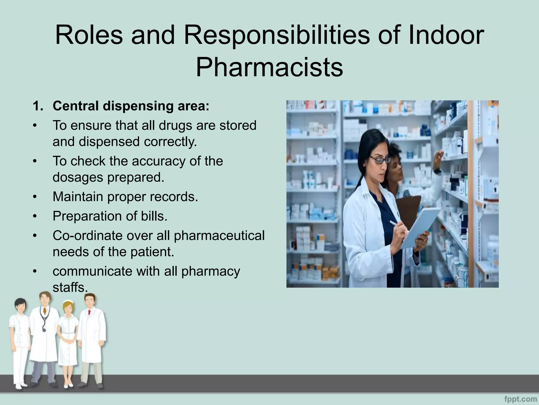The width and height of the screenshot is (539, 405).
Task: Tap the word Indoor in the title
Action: (x=445, y=35)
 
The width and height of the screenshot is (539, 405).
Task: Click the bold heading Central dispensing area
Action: (x=131, y=106)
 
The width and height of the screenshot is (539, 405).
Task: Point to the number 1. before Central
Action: (x=38, y=106)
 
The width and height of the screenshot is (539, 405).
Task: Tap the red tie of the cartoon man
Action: (x=89, y=313)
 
